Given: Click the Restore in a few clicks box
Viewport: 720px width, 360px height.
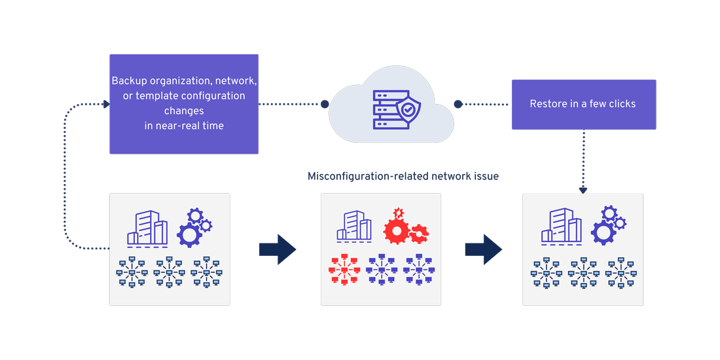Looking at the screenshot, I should (x=583, y=104).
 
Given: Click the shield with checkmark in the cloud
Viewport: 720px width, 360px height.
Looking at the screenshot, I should (x=409, y=110).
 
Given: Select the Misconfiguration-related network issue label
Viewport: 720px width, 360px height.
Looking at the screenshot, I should (x=403, y=176).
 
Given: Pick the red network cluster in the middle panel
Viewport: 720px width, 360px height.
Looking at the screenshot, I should (x=344, y=269).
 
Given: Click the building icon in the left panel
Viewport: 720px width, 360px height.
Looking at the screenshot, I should (x=147, y=228).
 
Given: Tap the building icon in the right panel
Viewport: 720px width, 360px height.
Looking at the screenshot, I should (x=561, y=228).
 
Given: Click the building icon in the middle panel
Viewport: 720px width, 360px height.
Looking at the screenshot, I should (x=354, y=226).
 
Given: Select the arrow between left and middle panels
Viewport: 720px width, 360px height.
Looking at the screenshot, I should (x=278, y=249).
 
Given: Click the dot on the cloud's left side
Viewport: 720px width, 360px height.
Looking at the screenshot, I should (x=325, y=104).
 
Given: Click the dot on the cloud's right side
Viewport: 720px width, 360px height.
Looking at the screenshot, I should (x=458, y=104).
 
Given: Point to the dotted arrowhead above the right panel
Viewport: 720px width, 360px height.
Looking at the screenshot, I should (x=583, y=190).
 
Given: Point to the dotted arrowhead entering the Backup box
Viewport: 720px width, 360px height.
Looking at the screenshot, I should (x=105, y=104).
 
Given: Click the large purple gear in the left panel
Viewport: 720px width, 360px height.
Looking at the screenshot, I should (x=189, y=234).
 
